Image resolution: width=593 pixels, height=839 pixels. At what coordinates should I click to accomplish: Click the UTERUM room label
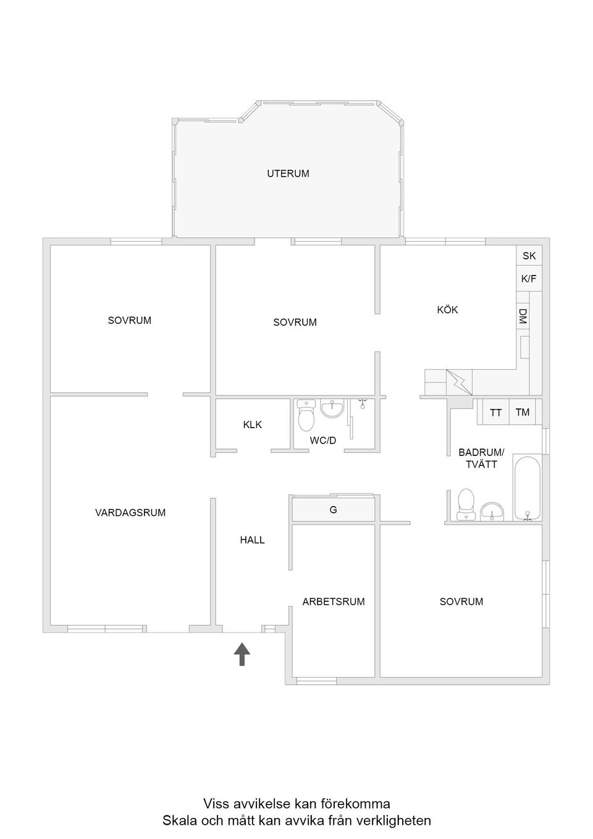[288, 174]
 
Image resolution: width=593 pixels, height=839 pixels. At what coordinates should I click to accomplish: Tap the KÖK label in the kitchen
[447, 310]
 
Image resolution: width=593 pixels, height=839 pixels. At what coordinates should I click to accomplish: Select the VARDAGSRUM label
[130, 512]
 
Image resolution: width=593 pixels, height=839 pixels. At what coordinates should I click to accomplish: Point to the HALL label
[252, 540]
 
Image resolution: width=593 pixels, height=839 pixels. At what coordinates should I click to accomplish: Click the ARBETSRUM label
[334, 601]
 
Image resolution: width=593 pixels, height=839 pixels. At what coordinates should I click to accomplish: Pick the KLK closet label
[252, 424]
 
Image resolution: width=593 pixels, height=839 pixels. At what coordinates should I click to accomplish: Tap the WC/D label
[323, 441]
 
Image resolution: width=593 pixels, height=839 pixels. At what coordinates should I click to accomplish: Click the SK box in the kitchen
[529, 256]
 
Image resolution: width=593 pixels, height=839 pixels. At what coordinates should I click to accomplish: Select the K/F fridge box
[529, 279]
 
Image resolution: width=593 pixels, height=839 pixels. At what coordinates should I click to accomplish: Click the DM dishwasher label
[523, 317]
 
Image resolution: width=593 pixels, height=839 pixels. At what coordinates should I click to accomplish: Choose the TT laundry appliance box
[495, 413]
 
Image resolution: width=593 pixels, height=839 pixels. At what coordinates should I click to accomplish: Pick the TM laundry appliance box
[523, 412]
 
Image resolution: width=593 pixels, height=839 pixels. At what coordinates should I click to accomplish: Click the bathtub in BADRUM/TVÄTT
[527, 489]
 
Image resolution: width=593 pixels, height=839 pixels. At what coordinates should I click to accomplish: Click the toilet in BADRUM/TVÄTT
[465, 504]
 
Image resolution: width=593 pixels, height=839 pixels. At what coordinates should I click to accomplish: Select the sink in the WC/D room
[333, 408]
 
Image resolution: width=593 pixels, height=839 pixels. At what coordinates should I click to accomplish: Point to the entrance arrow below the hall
[242, 654]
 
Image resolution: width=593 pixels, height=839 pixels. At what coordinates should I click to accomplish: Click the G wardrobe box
[334, 510]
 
